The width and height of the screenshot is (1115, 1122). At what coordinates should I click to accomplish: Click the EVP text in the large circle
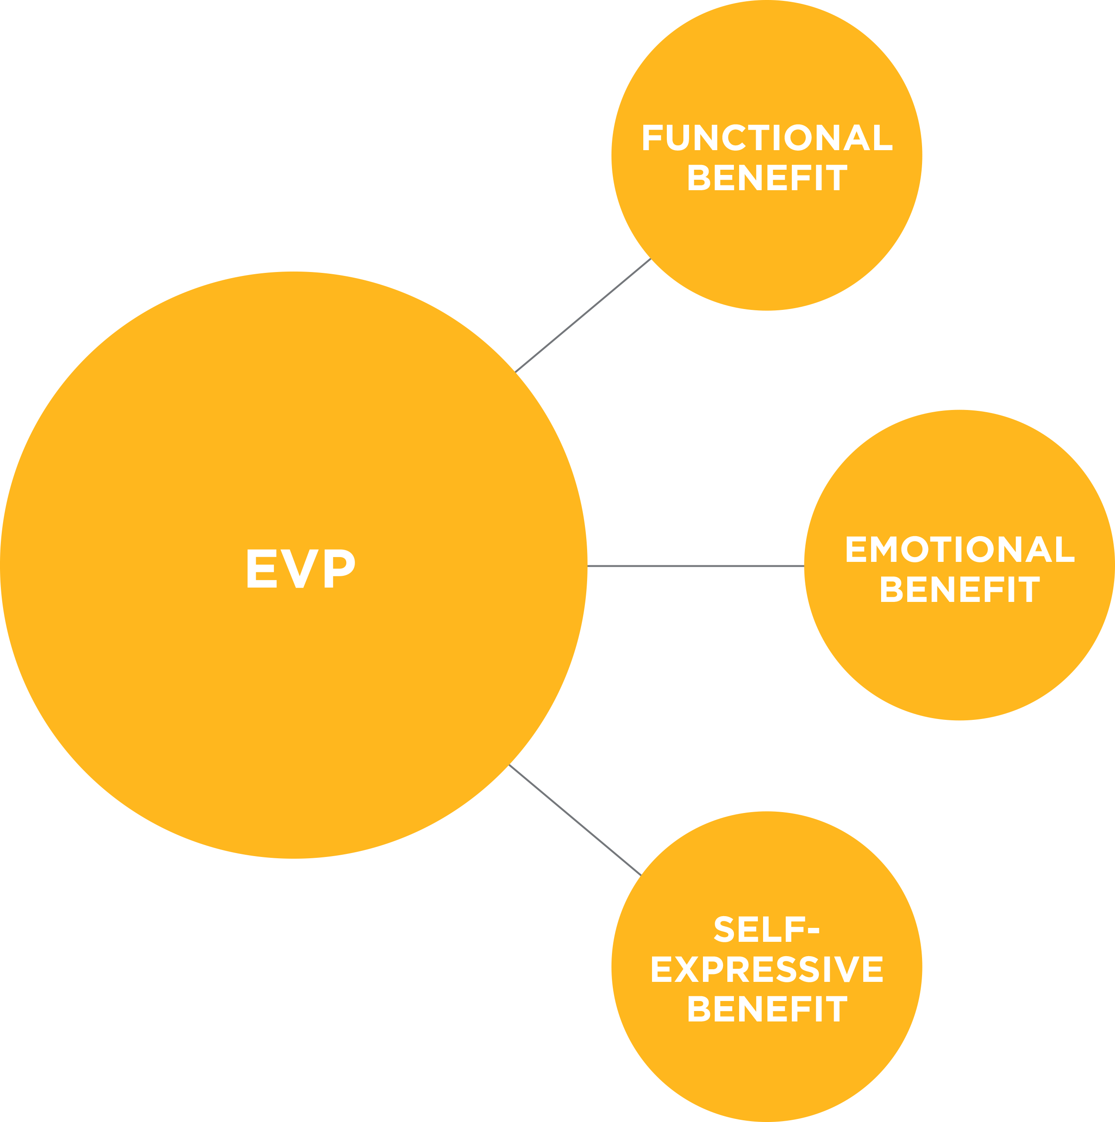(x=301, y=568)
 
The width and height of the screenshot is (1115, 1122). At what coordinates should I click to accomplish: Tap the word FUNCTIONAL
(x=767, y=138)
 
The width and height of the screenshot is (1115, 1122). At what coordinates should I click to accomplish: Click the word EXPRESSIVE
(x=767, y=969)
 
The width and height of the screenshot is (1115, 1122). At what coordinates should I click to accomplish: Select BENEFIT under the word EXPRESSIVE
(x=767, y=1009)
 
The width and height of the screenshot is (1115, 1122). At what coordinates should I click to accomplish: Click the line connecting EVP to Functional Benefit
(x=582, y=316)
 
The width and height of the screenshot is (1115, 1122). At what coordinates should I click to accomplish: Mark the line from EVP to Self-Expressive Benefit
(x=574, y=820)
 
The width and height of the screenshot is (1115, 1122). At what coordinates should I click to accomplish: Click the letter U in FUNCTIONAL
(x=677, y=138)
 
